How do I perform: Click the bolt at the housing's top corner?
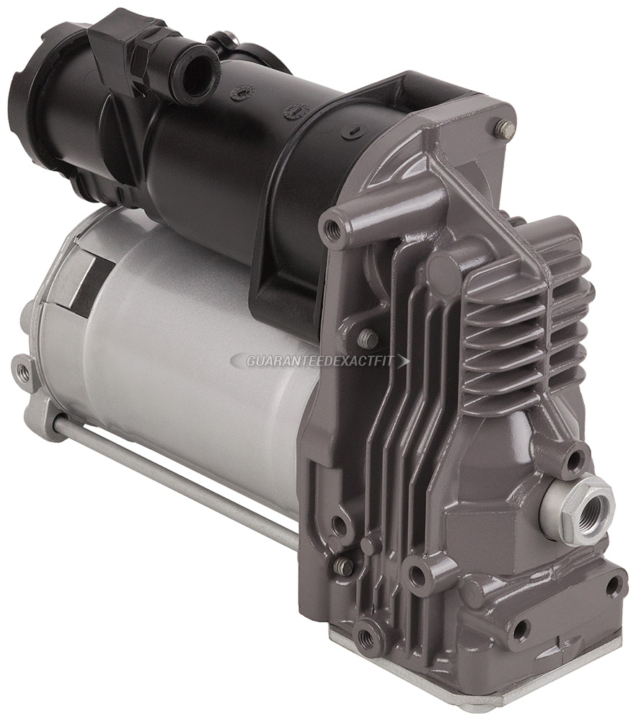(x=505, y=129)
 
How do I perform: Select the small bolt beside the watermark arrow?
(x=367, y=338)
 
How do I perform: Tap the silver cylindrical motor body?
(x=195, y=360)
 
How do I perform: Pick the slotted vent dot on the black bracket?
(x=295, y=112)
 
